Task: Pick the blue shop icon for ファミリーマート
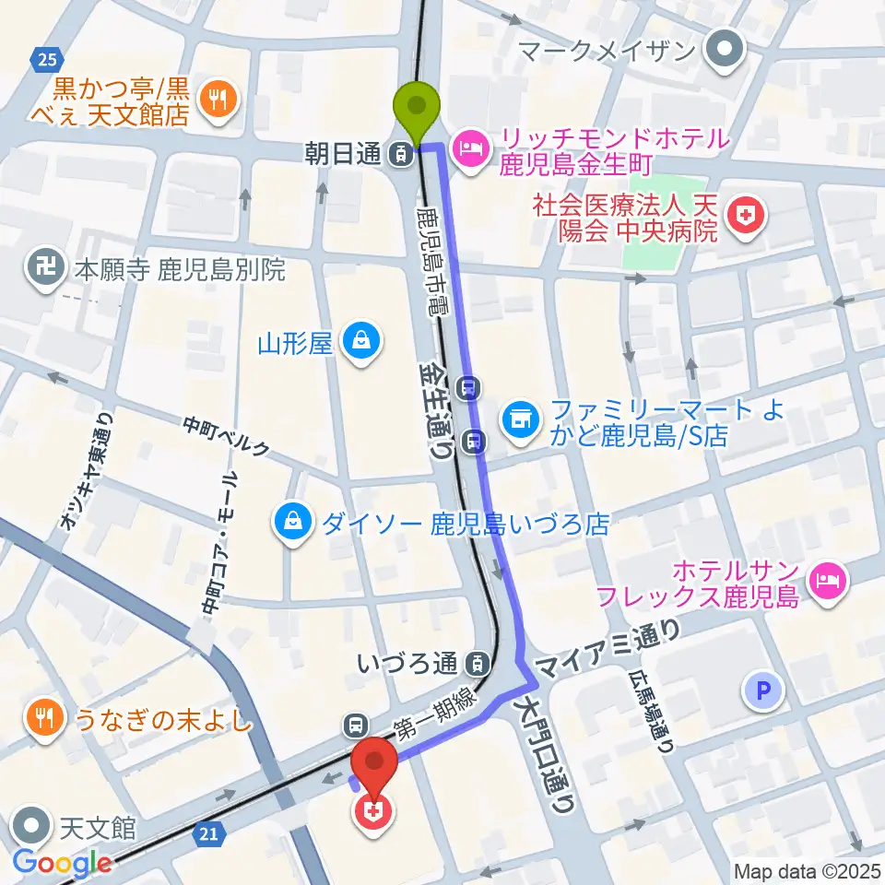click(x=519, y=420)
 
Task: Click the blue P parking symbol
click(x=764, y=689)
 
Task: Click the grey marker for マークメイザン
click(x=725, y=50)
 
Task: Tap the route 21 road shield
click(x=209, y=834)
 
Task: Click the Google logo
click(x=63, y=863)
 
